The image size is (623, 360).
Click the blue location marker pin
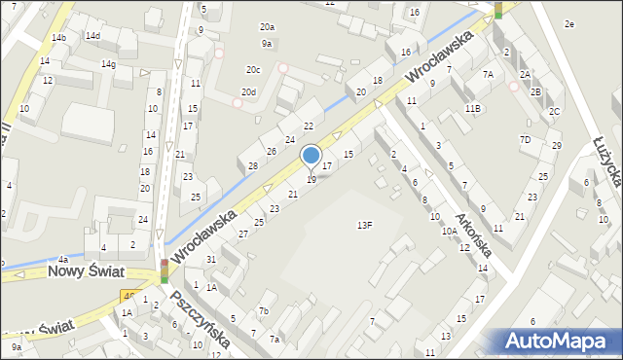311,156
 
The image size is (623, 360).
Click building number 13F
364,225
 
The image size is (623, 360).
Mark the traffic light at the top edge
498,10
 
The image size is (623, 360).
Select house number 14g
108,64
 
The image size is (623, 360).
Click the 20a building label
266,27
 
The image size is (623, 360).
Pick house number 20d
249,92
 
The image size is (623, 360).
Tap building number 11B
472,108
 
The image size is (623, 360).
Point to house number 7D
525,139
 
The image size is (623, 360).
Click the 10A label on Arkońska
449,232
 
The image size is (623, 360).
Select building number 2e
569,23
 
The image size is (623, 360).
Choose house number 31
211,258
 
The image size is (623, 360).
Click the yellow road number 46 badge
128,295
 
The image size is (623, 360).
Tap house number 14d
92,36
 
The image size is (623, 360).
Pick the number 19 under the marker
311,180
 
